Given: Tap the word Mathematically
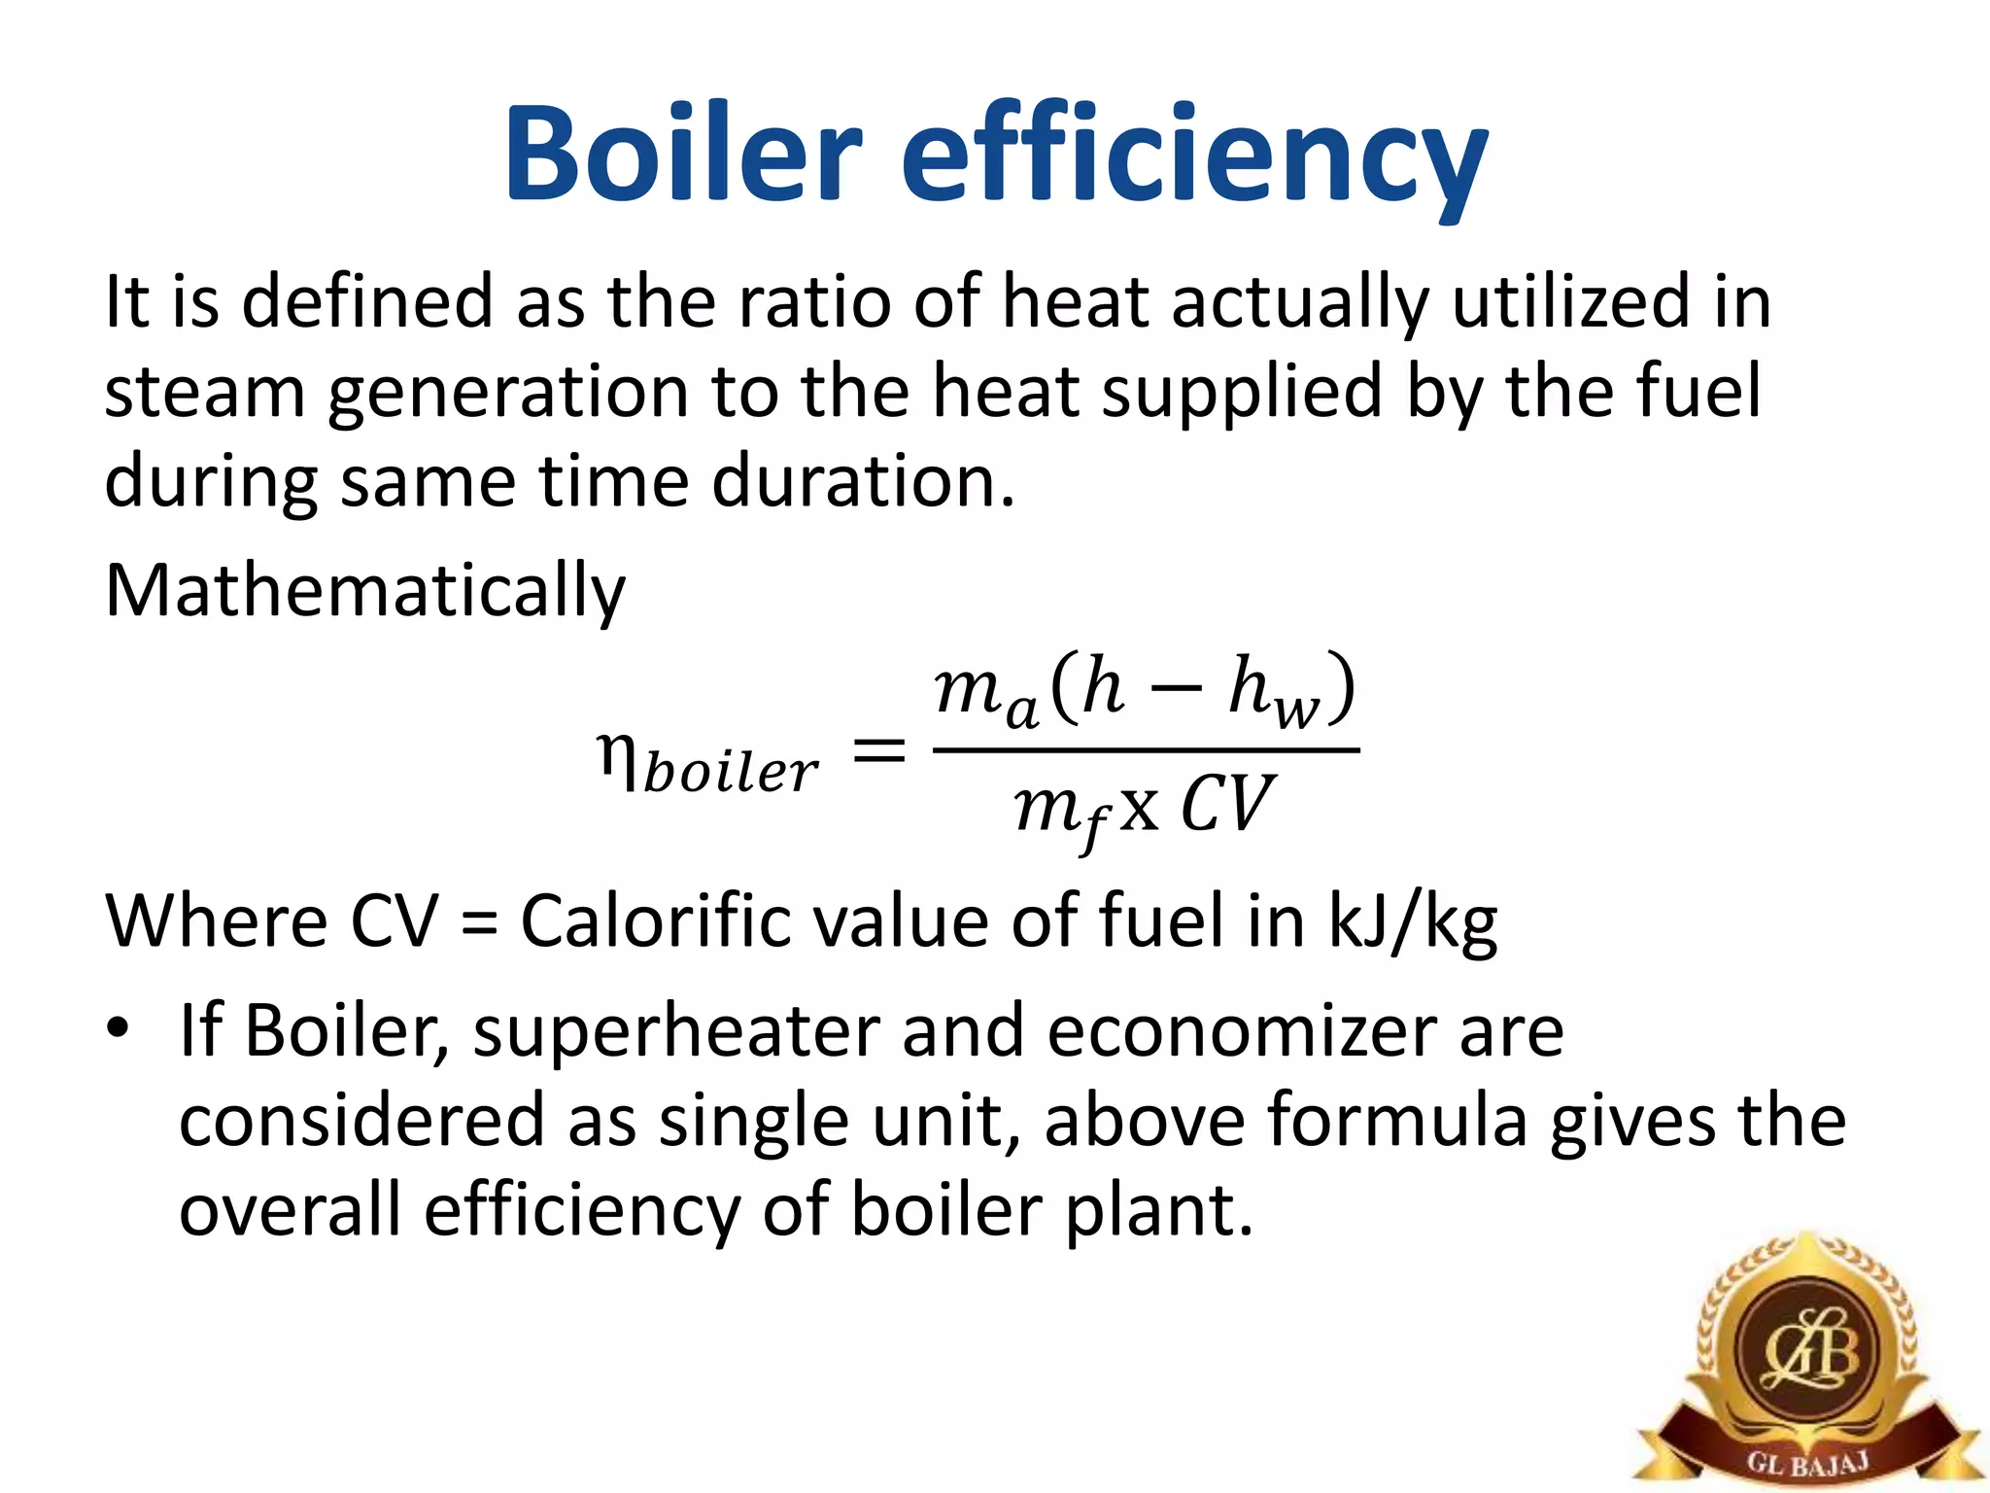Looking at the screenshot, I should point(365,591).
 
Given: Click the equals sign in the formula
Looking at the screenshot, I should point(878,750).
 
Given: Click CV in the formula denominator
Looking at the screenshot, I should point(1225,806).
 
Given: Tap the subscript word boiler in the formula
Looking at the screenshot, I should point(731,774).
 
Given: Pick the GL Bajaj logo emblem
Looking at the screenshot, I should point(1807,1361).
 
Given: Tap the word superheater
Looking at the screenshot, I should point(676,1032).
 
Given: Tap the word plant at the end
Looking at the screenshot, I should point(1157,1211).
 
